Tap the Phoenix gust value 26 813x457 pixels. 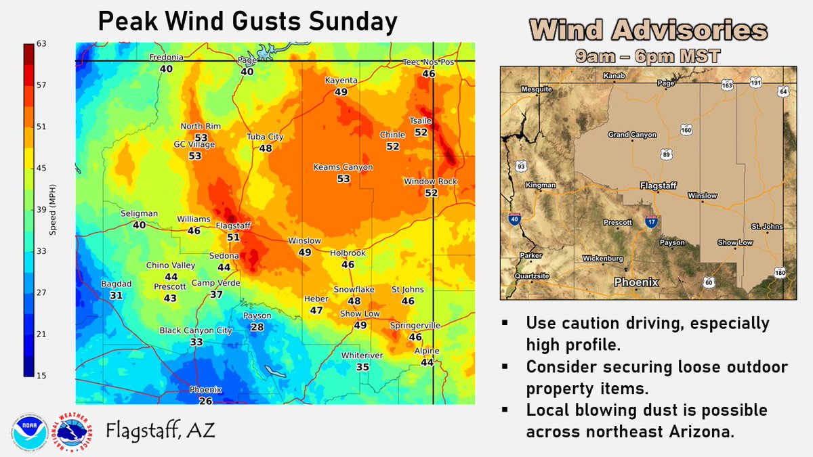click(x=205, y=401)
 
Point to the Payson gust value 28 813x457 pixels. click(x=257, y=327)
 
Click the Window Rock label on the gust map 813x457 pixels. click(x=431, y=181)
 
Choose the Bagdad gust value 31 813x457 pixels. click(x=116, y=295)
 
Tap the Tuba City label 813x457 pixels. click(x=265, y=137)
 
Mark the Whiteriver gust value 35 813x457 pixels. click(x=363, y=367)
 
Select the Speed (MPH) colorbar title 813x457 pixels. click(x=52, y=210)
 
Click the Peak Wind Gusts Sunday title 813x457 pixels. click(x=247, y=22)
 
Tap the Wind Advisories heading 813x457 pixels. click(x=648, y=30)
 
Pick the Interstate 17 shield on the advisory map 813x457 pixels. click(x=650, y=221)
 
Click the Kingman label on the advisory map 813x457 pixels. click(x=540, y=185)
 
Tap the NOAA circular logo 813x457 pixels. click(x=28, y=431)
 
